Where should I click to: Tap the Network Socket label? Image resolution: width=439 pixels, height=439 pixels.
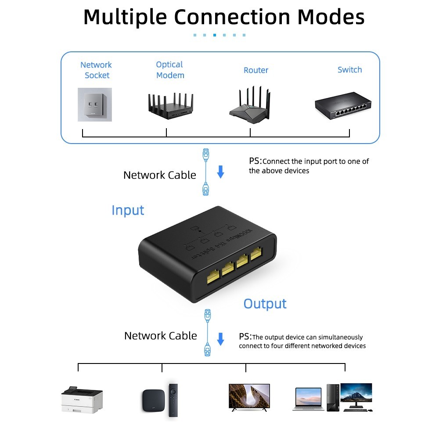(x=96, y=70)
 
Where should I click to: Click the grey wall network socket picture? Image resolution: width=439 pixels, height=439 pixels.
(x=95, y=104)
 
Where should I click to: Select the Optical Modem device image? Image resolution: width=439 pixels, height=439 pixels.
(x=170, y=106)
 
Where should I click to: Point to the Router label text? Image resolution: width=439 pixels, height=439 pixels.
(x=256, y=70)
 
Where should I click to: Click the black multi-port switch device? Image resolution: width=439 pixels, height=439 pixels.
(x=343, y=105)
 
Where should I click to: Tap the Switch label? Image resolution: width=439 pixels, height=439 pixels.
(x=350, y=69)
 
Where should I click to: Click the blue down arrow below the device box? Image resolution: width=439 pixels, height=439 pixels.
(x=221, y=172)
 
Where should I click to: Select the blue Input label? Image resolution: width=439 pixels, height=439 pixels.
(x=128, y=210)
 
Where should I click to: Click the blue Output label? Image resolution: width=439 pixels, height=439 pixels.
(x=265, y=304)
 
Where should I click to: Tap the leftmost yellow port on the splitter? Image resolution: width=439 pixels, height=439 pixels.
(x=213, y=277)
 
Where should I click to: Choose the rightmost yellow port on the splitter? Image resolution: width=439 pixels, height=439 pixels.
(x=256, y=254)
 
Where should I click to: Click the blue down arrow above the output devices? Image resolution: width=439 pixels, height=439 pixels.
(x=221, y=339)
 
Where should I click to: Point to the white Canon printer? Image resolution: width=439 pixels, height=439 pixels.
(x=82, y=400)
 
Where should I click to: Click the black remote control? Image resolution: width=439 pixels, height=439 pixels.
(x=173, y=400)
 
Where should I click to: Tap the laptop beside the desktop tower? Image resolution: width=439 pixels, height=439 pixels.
(x=308, y=399)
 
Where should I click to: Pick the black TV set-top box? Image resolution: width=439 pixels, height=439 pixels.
(x=153, y=400)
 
